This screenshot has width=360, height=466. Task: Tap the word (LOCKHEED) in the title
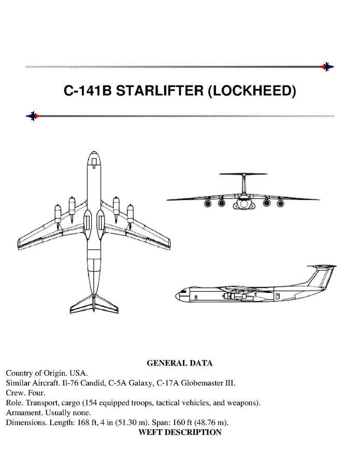tap(252, 91)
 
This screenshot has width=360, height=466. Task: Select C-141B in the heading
tap(88, 91)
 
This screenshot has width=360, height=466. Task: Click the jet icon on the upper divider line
tap(327, 67)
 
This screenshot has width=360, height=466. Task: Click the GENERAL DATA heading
tap(180, 363)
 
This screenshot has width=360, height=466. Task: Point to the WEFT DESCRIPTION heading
tap(180, 432)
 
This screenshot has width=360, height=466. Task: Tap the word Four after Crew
tap(37, 393)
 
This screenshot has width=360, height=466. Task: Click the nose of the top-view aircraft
tap(94, 152)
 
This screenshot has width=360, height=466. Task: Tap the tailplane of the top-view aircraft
tap(94, 304)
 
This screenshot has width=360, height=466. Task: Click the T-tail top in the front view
tap(243, 174)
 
